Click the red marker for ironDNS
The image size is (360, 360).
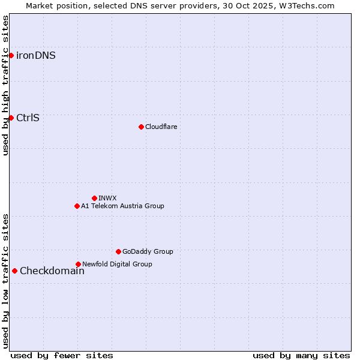pyautogui.click(x=11, y=56)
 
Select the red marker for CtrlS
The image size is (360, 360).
pyautogui.click(x=11, y=118)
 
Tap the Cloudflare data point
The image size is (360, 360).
pyautogui.click(x=141, y=127)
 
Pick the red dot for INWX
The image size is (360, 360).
pyautogui.click(x=94, y=198)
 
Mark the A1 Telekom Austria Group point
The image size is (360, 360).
pyautogui.click(x=77, y=206)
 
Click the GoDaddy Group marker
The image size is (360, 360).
pyautogui.click(x=118, y=251)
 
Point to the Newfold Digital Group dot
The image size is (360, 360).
pyautogui.click(x=78, y=264)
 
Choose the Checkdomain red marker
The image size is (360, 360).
pyautogui.click(x=14, y=271)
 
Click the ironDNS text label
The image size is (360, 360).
pyautogui.click(x=36, y=56)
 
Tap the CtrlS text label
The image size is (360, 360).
pyautogui.click(x=28, y=118)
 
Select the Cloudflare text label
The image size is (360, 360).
pyautogui.click(x=161, y=127)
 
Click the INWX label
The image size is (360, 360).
pyautogui.click(x=107, y=198)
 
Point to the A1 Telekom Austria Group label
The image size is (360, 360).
pyautogui.click(x=122, y=206)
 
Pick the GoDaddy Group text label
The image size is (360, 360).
pyautogui.click(x=148, y=251)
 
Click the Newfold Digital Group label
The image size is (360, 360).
pyautogui.click(x=117, y=264)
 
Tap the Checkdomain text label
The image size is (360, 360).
pyautogui.click(x=52, y=271)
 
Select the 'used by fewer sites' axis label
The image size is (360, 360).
pyautogui.click(x=62, y=355)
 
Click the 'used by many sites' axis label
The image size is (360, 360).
pyautogui.click(x=301, y=355)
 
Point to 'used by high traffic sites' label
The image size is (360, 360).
pyautogui.click(x=5, y=85)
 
